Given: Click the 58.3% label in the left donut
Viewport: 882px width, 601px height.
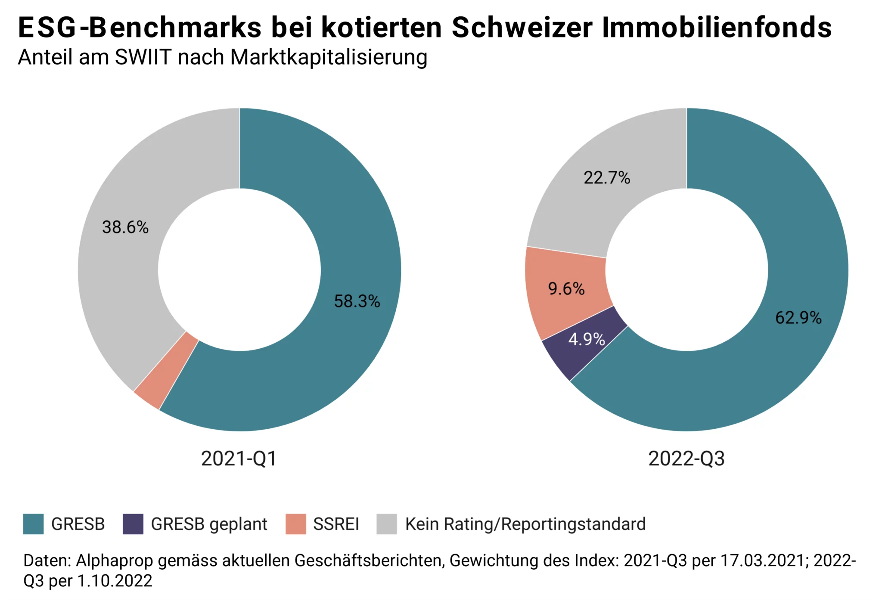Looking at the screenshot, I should click(357, 301).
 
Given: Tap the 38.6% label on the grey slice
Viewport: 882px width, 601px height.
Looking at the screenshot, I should click(125, 227).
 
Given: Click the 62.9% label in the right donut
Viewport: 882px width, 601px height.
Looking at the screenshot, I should click(798, 318).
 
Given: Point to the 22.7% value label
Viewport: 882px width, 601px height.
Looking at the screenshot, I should click(607, 178).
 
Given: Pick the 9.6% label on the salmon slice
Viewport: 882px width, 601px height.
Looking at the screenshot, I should click(566, 288).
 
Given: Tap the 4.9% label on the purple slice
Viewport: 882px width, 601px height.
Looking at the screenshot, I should click(587, 339).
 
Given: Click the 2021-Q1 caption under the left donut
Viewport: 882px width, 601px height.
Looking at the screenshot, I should click(239, 458).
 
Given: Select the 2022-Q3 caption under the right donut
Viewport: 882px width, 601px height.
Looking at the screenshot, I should click(686, 458).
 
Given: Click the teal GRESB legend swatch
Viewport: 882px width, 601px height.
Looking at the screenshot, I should click(33, 524).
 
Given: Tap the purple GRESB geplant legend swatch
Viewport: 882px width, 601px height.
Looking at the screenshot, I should click(133, 524).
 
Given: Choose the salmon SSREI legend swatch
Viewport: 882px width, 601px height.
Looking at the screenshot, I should click(295, 524).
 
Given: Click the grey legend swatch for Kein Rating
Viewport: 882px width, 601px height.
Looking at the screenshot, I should click(386, 524).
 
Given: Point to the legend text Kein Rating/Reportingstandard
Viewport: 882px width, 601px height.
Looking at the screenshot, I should click(525, 524).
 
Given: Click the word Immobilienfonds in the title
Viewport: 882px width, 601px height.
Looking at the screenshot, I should click(717, 28).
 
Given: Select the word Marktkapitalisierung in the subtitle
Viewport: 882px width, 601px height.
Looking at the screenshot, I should click(329, 57).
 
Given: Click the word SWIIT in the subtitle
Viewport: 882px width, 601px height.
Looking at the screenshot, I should click(143, 57).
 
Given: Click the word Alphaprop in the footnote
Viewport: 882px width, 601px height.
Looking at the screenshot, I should click(114, 561).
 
